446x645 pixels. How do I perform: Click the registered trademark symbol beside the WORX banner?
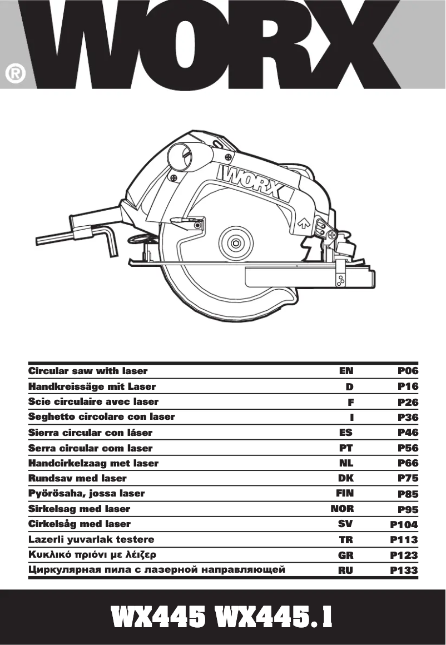pos(16,74)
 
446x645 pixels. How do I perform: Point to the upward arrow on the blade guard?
pos(304,223)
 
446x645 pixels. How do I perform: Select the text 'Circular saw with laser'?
pos(87,371)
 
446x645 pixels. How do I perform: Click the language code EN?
pos(346,371)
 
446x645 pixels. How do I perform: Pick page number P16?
pos(408,386)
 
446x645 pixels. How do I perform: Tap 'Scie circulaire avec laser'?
pos(93,401)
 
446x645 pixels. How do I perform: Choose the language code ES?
pos(345,433)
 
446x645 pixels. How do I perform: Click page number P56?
pos(408,448)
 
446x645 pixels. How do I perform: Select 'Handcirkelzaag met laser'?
pos(93,463)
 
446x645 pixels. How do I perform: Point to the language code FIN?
pos(345,493)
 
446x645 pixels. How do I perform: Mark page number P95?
pos(408,509)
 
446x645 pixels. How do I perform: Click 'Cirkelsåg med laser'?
pos(79,524)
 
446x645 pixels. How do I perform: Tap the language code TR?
pos(346,540)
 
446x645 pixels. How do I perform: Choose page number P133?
pos(404,570)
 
